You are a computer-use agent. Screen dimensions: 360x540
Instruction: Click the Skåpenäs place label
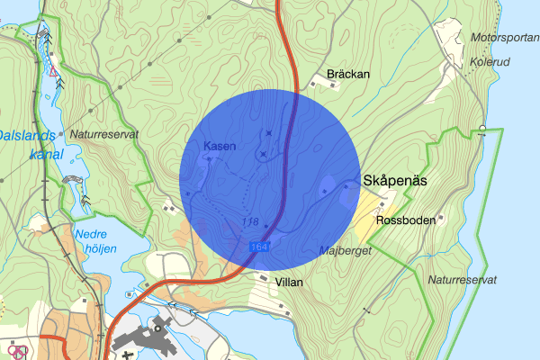click(394, 181)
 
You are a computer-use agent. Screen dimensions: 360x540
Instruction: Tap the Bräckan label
click(348, 74)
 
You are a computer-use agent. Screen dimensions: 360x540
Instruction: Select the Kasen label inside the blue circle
click(220, 146)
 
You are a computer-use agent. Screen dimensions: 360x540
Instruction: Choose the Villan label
click(289, 282)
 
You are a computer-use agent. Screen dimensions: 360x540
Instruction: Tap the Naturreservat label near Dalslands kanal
click(103, 133)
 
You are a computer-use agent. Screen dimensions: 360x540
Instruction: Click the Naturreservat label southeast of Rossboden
click(463, 280)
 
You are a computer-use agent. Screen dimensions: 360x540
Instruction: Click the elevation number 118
click(250, 222)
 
